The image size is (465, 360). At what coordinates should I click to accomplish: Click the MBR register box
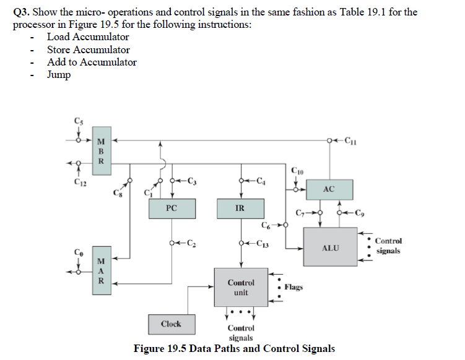[x=101, y=151]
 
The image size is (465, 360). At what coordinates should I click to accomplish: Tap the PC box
[x=172, y=208]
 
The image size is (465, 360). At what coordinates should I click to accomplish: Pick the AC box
[x=329, y=189]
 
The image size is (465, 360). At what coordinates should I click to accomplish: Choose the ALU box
[x=330, y=247]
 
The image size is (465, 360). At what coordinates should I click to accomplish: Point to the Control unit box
[x=241, y=287]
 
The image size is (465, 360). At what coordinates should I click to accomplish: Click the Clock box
[x=171, y=324]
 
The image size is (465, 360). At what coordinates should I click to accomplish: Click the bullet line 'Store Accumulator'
[x=89, y=49]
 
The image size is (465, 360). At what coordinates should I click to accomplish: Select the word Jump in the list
[x=59, y=75]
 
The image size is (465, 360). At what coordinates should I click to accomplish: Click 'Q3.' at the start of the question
[x=22, y=12]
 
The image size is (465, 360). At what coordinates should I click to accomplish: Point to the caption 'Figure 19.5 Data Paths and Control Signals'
[x=234, y=349]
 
